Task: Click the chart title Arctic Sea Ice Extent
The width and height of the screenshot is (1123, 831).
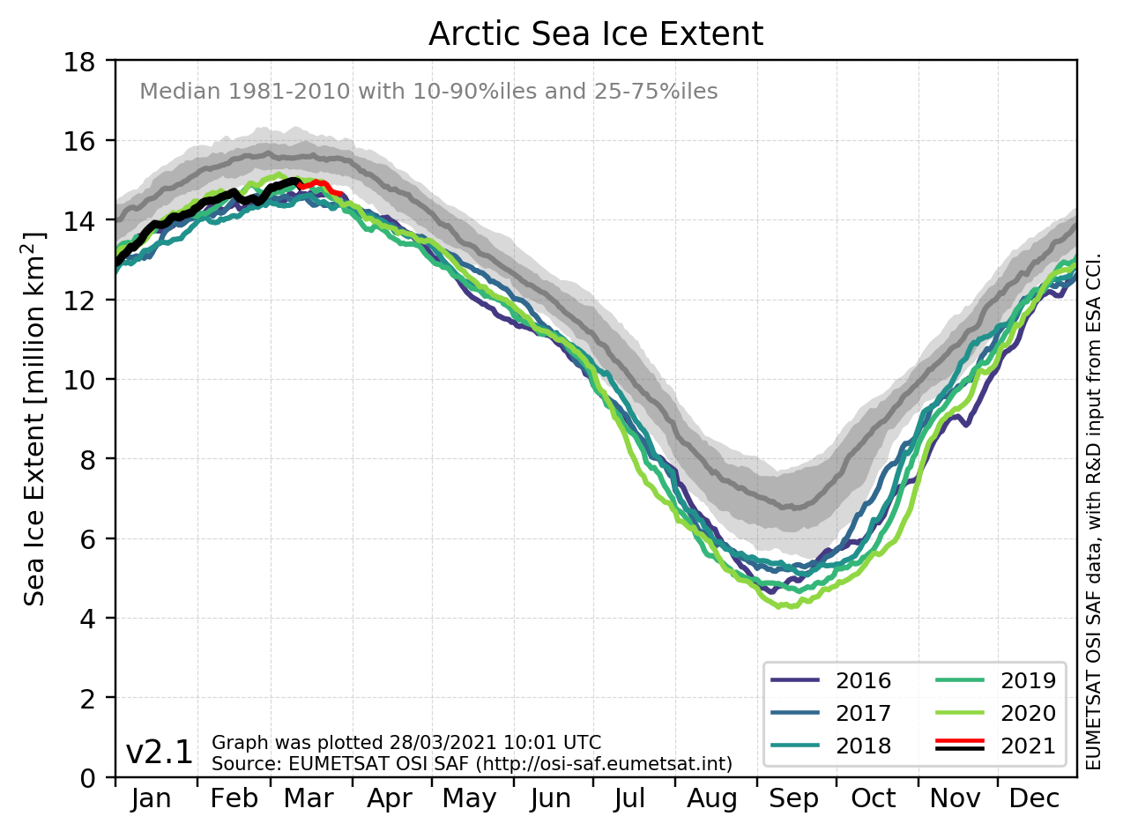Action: coord(595,34)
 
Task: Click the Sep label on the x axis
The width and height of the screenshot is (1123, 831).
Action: coord(794,799)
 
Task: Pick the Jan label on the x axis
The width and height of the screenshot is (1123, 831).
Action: coord(152,799)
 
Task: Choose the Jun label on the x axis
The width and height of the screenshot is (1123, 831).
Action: coord(550,799)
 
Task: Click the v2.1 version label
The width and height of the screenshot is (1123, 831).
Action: coord(160,753)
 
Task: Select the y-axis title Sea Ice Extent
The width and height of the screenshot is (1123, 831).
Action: coord(35,419)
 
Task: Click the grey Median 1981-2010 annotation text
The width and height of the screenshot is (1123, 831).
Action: coord(428,92)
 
